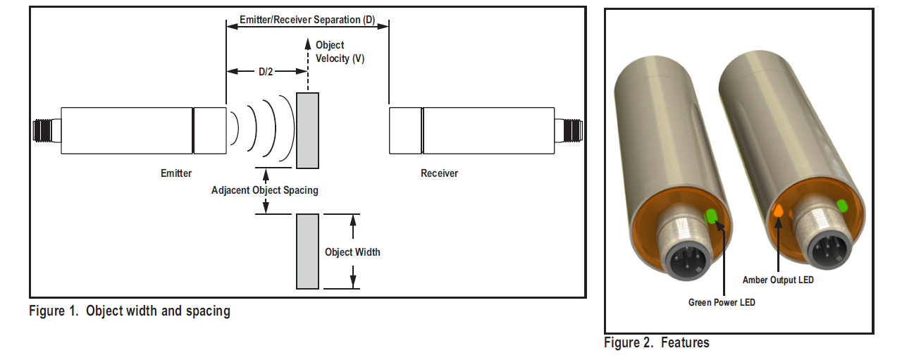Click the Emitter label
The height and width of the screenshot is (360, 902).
click(x=176, y=173)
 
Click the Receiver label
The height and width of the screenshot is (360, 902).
click(x=439, y=173)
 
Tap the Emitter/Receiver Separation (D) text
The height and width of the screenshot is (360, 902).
click(x=307, y=20)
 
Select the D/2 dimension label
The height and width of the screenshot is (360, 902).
click(x=266, y=72)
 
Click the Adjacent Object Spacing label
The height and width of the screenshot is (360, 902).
click(x=265, y=190)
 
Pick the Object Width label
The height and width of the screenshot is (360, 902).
click(x=352, y=252)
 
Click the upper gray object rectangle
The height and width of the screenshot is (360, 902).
click(x=307, y=130)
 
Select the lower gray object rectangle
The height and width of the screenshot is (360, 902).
click(x=307, y=251)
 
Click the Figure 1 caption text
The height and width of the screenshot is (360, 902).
click(x=130, y=311)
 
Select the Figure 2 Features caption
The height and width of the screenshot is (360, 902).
click(x=657, y=343)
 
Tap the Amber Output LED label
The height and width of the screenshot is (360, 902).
click(x=778, y=280)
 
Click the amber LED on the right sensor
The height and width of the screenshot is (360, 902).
click(x=779, y=211)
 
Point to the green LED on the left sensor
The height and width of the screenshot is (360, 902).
click(x=711, y=216)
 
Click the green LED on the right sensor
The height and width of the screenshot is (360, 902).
click(x=841, y=206)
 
